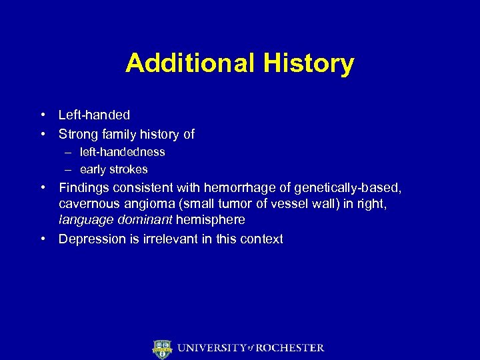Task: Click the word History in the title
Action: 309,63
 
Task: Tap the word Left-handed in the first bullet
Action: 94,115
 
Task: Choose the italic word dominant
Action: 141,219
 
